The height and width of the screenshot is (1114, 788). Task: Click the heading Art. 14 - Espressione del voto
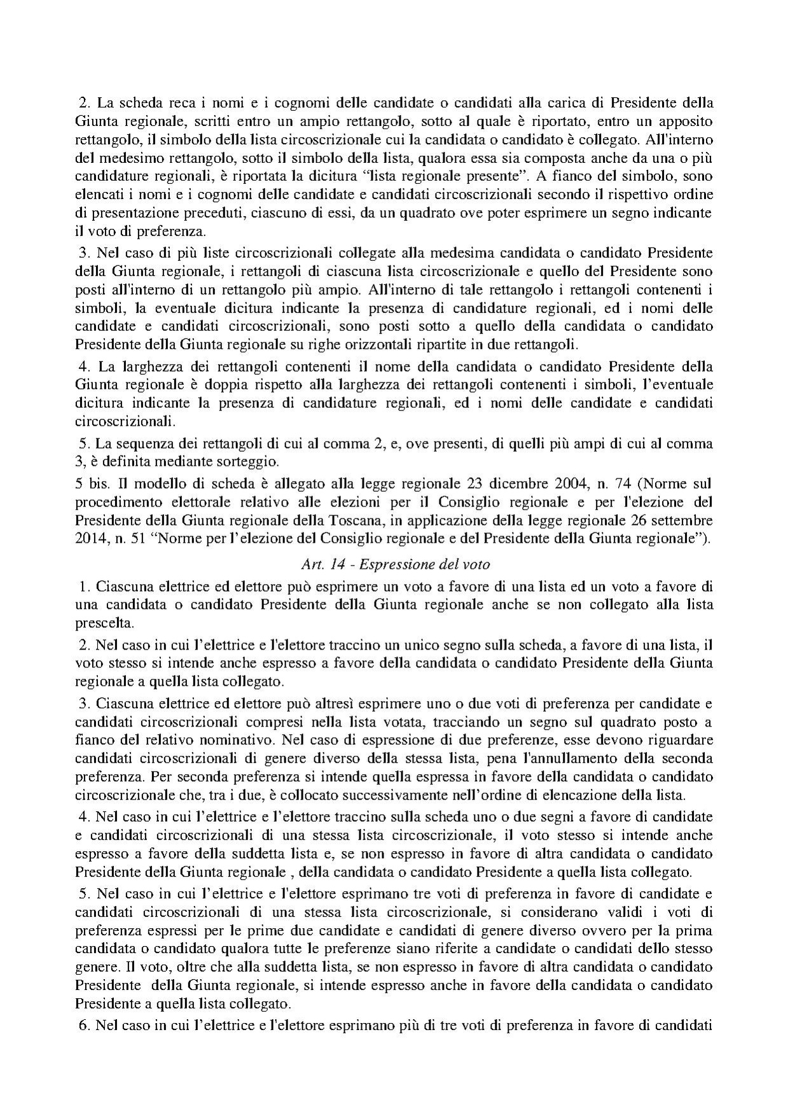pos(394,564)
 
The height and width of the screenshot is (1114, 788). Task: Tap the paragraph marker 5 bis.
pos(90,481)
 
